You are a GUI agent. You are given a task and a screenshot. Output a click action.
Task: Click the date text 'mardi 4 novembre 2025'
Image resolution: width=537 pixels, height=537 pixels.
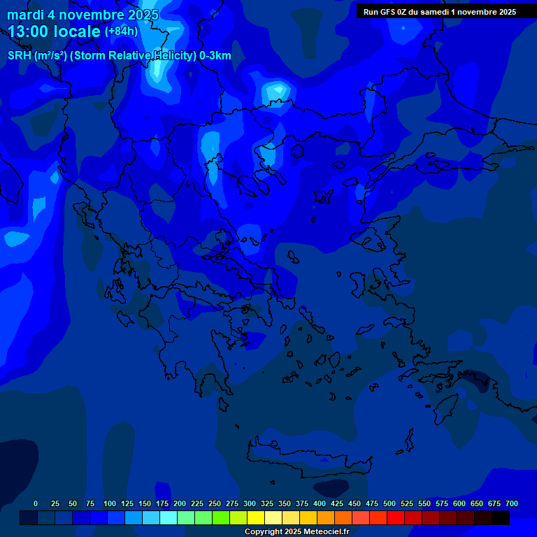coord(83,15)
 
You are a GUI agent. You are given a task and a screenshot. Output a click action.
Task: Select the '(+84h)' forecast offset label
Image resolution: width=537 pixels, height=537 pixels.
coord(121,31)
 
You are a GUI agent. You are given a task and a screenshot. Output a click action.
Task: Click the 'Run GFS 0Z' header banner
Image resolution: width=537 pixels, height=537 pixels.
coord(439,11)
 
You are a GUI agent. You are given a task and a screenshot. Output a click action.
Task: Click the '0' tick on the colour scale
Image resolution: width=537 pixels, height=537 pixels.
coord(36,503)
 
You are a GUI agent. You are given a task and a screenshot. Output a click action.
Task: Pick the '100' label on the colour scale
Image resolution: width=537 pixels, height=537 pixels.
coord(110,503)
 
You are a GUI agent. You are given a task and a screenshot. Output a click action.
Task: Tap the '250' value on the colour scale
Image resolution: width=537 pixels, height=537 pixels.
coord(215,503)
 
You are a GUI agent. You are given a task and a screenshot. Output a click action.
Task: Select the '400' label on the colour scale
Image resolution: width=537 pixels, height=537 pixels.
coord(320,503)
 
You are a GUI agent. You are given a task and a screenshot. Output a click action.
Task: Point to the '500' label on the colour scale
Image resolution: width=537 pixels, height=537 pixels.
coord(389,503)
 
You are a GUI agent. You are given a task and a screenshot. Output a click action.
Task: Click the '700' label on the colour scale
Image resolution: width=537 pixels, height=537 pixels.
coord(512,503)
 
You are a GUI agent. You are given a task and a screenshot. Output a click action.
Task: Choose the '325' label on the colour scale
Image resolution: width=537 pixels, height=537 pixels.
coord(267,503)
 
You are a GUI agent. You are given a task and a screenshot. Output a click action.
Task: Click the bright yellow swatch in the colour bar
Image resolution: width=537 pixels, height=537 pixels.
coord(256,518)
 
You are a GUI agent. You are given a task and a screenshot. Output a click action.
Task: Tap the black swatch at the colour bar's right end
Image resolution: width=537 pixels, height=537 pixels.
coord(501,518)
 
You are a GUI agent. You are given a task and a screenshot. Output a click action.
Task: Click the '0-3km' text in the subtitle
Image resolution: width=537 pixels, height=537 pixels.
coord(215,56)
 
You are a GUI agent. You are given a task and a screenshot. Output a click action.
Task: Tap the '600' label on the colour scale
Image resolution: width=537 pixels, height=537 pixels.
coord(459,503)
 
